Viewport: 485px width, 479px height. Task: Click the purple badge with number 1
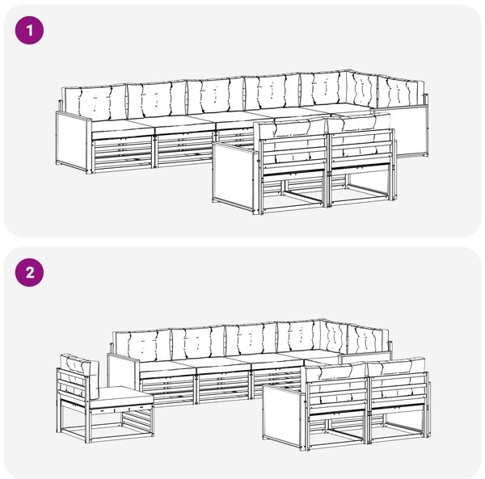coord(29,30)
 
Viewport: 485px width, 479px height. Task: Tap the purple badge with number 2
coord(29,272)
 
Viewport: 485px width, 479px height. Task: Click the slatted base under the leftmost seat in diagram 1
coord(122,153)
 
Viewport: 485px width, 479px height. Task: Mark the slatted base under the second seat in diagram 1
coord(184,149)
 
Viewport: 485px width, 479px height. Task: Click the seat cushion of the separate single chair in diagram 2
coord(121,397)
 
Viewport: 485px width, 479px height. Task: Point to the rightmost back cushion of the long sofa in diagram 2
coord(368,339)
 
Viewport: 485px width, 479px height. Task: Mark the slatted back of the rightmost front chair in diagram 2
coord(399,389)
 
